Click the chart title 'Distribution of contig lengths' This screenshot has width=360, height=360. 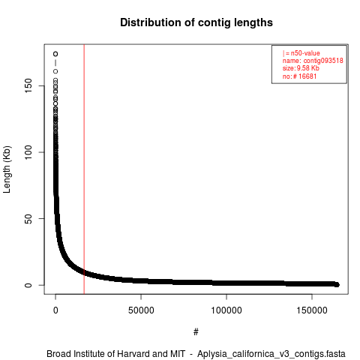[x=196, y=22]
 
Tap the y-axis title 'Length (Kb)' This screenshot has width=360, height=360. [x=7, y=169]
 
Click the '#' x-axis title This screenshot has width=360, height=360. [x=196, y=332]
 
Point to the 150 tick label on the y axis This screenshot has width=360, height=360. [x=28, y=85]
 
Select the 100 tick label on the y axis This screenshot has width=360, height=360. [x=28, y=152]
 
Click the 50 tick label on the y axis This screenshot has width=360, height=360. [x=28, y=219]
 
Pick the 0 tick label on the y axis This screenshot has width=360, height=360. [x=28, y=285]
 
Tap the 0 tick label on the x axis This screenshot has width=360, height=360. [x=55, y=310]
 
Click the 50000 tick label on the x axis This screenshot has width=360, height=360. [x=141, y=310]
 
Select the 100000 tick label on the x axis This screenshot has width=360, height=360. [x=226, y=310]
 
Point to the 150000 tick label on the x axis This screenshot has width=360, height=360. [x=312, y=310]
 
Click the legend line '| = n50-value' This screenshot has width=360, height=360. [x=301, y=53]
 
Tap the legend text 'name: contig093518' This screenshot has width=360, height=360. [x=313, y=61]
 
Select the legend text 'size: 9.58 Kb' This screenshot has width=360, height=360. [x=301, y=68]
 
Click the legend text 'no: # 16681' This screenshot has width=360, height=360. [x=299, y=76]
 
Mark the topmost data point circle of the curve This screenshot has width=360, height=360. [x=55, y=54]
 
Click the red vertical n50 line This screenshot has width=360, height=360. [x=84, y=169]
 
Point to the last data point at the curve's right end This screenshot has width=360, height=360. [x=337, y=284]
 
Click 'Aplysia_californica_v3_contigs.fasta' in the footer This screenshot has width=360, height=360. [x=271, y=354]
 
